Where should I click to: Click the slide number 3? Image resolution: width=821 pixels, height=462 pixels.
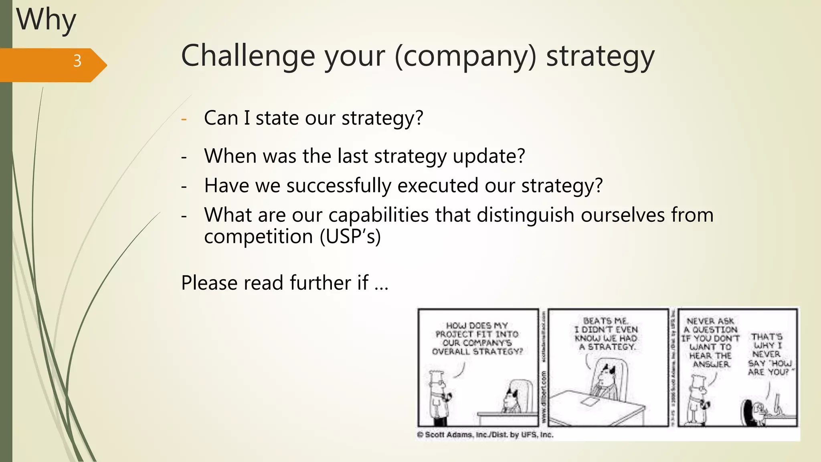pos(77,61)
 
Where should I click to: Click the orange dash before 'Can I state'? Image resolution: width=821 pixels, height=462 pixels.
pos(184,119)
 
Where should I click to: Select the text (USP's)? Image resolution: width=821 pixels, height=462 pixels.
pos(350,236)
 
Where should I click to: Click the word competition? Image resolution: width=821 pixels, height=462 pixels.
pos(258,236)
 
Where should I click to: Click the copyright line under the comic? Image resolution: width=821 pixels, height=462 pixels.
pos(485,435)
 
